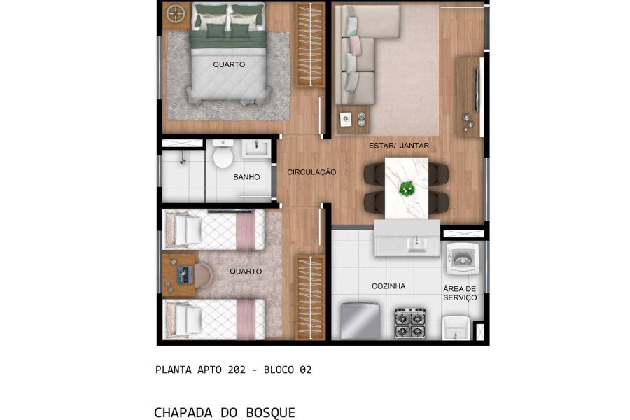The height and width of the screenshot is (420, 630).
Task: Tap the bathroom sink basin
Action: pos(257,148)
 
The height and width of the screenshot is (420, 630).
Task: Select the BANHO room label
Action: pos(246,177)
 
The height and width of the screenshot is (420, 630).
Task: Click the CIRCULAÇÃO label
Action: pos(311,172)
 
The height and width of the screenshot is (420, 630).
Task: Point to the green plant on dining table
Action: pos(407,188)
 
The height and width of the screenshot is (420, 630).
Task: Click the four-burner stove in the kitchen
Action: pos(410,323)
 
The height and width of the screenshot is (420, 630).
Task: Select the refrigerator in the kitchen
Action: pos(360,321)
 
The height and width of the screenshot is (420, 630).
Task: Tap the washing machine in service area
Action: pos(463,258)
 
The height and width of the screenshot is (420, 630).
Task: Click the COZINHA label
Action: pos(388,286)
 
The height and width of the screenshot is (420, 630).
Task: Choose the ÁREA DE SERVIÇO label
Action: pos(460,293)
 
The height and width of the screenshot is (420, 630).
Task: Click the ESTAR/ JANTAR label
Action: pos(399,146)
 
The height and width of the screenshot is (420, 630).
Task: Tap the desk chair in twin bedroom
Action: pos(204,275)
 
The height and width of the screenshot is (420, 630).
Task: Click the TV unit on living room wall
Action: pos(469,97)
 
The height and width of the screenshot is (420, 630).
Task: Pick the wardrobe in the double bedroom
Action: pos(310,45)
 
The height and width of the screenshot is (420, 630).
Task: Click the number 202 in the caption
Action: pos(237,370)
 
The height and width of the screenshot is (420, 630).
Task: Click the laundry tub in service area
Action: pos(457,328)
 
